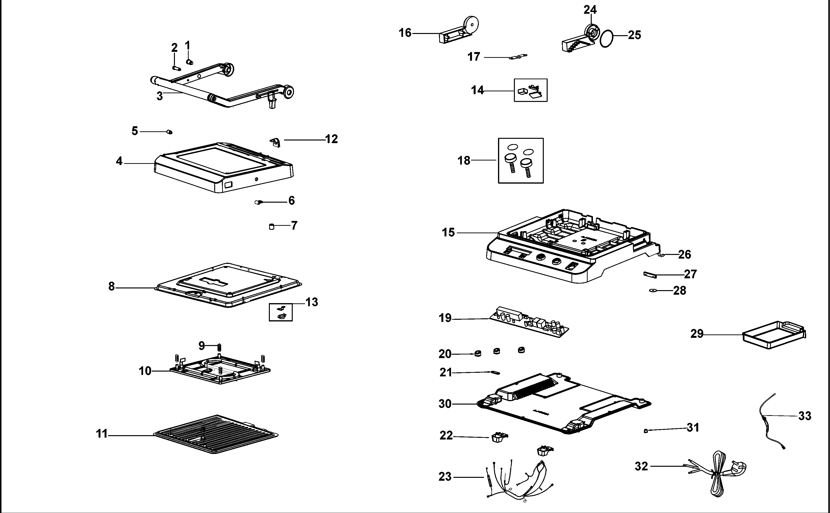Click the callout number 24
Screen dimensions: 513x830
590,10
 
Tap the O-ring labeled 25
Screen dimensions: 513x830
606,39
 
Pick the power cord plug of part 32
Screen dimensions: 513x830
738,468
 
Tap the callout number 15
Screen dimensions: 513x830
448,233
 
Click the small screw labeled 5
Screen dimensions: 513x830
170,132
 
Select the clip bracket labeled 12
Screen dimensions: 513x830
275,142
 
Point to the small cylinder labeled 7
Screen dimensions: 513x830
271,226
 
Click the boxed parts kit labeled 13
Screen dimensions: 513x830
280,312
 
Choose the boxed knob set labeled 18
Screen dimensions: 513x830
521,160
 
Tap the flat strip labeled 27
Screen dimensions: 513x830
650,274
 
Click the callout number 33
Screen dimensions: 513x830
804,416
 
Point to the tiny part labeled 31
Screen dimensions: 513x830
645,431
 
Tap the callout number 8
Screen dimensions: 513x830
112,287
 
